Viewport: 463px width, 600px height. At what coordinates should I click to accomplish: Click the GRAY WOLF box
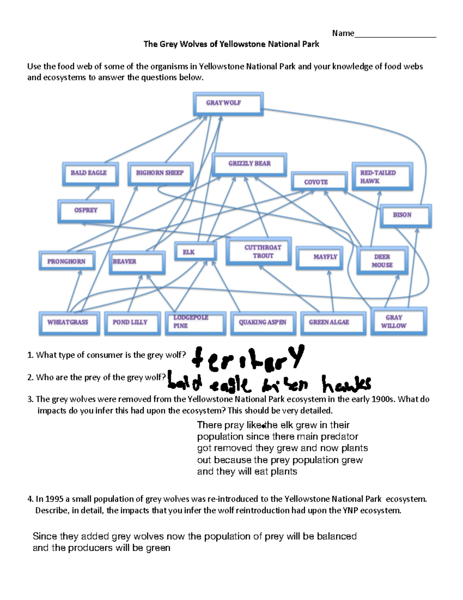[228, 104]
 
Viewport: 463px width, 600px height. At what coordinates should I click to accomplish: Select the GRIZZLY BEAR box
[250, 164]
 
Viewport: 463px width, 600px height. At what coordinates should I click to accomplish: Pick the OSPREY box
[86, 211]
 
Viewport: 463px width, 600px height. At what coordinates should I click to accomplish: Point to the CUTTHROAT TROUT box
[259, 252]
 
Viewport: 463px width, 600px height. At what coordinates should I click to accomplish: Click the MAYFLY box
[319, 257]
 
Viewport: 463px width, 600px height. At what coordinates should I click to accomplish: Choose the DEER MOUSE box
[382, 261]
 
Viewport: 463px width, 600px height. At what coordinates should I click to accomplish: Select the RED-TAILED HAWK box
[382, 177]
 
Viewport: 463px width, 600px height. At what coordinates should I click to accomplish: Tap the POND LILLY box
[132, 323]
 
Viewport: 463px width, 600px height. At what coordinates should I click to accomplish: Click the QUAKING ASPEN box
[263, 323]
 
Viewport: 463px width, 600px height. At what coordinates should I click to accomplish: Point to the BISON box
[405, 216]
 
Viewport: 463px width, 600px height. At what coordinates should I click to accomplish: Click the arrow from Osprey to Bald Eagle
[92, 193]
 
